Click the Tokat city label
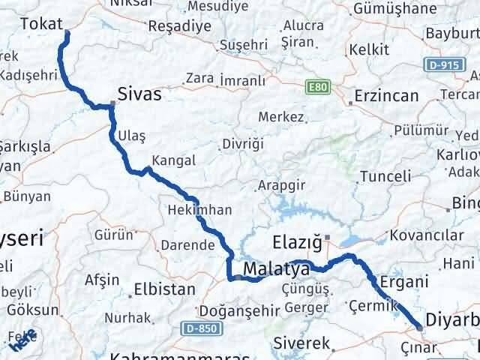[37, 23]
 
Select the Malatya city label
[277, 268]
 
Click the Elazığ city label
[296, 243]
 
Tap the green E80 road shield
[317, 88]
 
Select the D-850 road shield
[195, 328]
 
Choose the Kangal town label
[173, 160]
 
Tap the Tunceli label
[385, 176]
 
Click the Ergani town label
[404, 282]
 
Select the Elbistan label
[165, 289]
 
